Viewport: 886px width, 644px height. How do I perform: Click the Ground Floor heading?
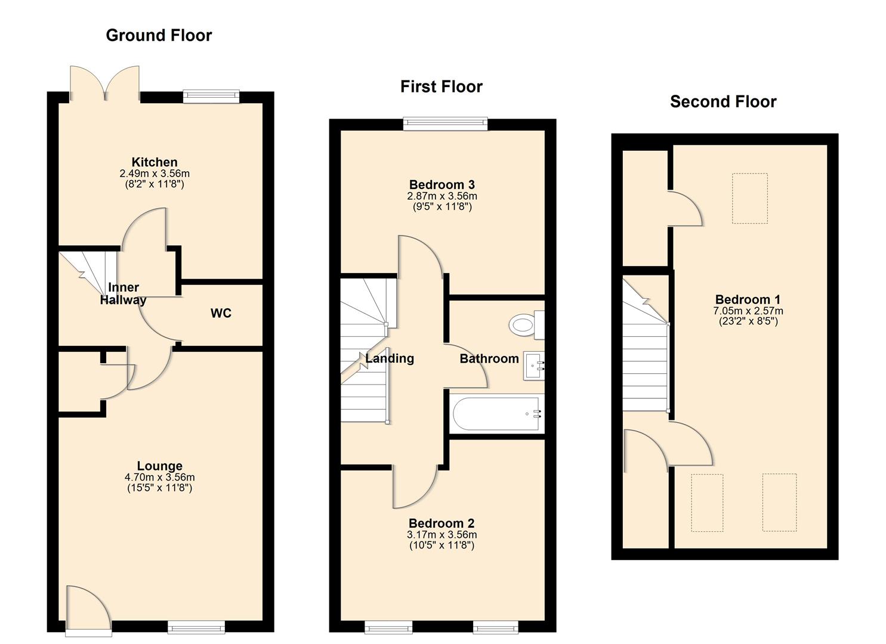[159, 35]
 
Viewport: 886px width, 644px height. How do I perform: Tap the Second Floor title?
[723, 101]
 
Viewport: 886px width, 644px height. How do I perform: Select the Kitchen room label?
[155, 162]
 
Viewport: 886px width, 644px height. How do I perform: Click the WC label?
[221, 313]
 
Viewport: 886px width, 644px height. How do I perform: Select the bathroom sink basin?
[533, 366]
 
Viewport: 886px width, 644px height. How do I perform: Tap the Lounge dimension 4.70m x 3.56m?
[159, 477]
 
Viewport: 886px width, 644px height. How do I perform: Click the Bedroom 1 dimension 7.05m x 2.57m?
[748, 311]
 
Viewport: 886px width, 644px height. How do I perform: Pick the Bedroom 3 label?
[442, 184]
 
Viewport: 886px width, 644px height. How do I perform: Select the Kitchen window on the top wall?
[211, 96]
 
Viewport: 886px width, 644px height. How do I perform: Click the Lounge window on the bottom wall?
[196, 626]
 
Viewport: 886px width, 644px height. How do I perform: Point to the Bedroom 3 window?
[445, 124]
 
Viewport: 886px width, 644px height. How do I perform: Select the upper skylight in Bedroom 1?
[749, 198]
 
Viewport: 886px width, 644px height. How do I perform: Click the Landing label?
[390, 358]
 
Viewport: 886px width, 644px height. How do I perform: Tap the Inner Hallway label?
[123, 293]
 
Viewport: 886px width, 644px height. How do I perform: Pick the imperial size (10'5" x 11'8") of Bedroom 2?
[442, 545]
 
